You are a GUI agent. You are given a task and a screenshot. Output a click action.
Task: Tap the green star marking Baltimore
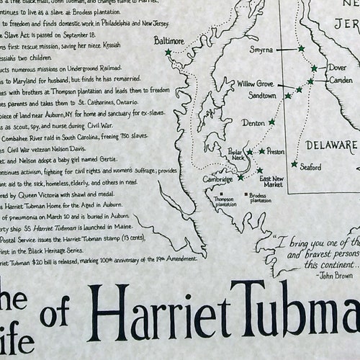pyautogui.click(x=168, y=53)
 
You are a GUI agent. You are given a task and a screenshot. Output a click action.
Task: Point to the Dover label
pyautogui.click(x=337, y=68)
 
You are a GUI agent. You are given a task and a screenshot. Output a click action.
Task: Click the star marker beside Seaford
pyautogui.click(x=294, y=163)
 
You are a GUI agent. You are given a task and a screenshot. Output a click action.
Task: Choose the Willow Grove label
pyautogui.click(x=256, y=84)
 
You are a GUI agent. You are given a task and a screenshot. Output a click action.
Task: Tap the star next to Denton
pyautogui.click(x=271, y=122)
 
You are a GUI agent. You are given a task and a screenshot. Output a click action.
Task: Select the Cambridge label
pyautogui.click(x=218, y=179)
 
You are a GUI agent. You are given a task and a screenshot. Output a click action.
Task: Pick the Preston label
pyautogui.click(x=276, y=152)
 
